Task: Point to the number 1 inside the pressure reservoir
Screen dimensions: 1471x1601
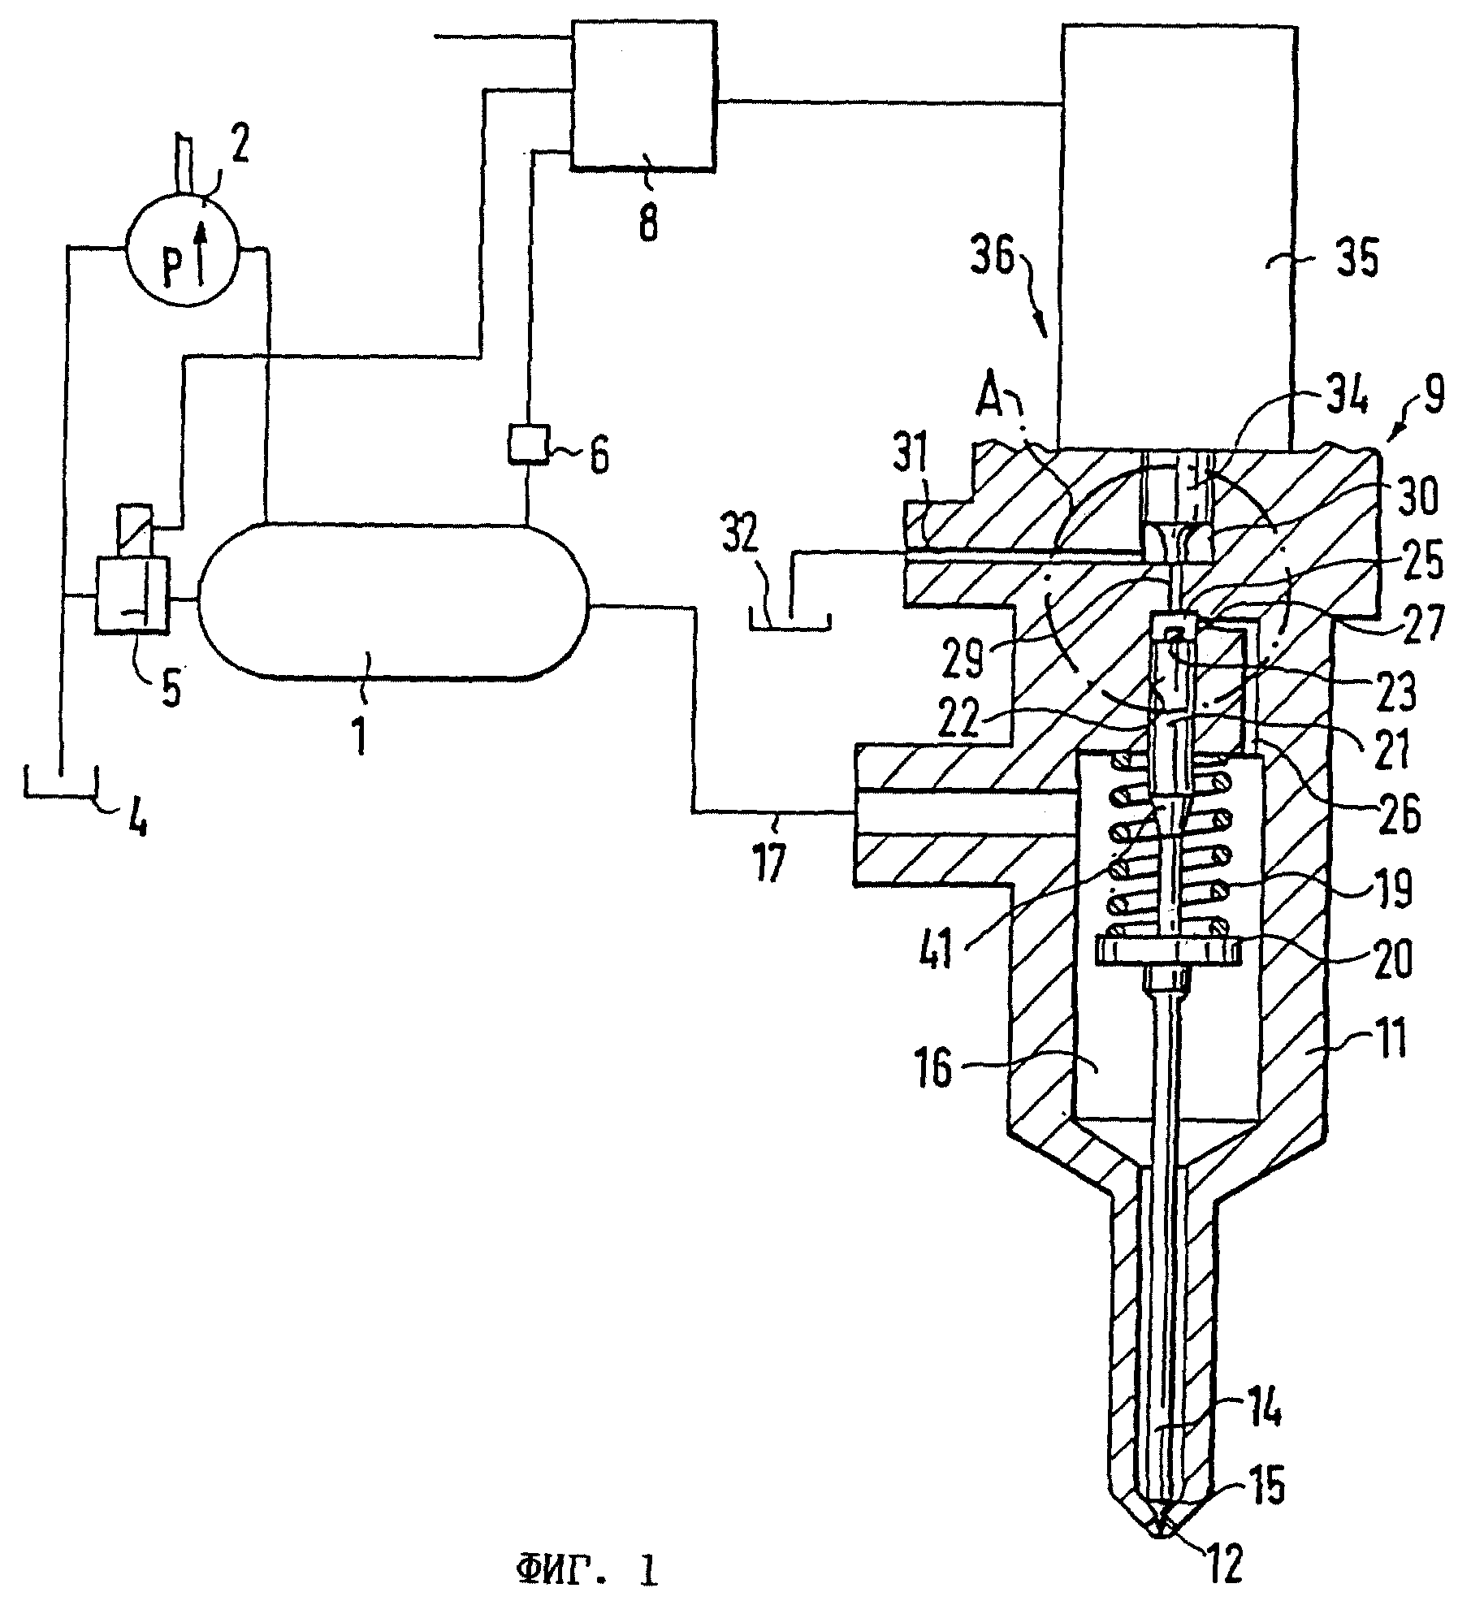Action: click(x=360, y=727)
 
